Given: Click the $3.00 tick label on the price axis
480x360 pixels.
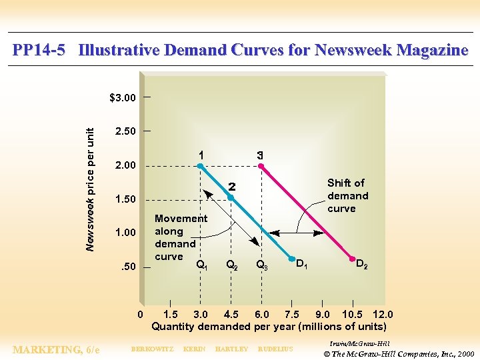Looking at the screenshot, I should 123,98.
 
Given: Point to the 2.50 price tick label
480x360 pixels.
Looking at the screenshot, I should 125,131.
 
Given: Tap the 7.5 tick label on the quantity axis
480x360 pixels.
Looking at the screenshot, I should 292,315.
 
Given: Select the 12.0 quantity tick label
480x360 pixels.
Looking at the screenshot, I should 382,315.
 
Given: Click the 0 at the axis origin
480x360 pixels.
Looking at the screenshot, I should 140,315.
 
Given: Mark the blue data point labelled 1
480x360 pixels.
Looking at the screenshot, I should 200,166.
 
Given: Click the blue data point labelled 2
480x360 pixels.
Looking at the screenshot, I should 231,197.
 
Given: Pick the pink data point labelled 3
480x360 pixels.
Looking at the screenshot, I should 261,166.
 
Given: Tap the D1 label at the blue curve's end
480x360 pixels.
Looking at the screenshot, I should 301,265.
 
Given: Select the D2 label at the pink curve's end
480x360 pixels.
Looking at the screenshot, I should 361,264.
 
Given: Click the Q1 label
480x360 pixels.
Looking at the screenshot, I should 201,265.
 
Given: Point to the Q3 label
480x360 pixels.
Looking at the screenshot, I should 262,265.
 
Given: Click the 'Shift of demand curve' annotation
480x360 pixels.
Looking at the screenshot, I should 347,195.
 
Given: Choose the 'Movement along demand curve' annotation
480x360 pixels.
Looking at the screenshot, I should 180,237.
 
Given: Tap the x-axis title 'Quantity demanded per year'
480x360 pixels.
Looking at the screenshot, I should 269,327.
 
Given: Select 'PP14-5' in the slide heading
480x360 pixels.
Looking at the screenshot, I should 39,51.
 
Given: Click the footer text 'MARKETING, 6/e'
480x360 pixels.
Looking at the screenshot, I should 57,350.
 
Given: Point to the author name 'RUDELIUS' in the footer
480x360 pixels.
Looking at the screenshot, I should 275,349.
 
